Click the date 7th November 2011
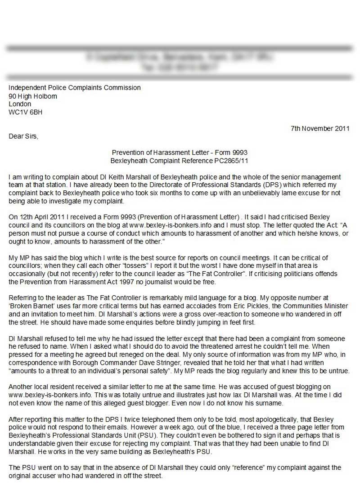[x=320, y=128]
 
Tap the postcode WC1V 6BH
[x=26, y=112]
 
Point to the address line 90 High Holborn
[x=33, y=96]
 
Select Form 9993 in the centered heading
[x=231, y=153]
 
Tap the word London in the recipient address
[x=20, y=104]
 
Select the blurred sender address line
[x=180, y=57]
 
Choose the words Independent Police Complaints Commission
[x=75, y=88]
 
